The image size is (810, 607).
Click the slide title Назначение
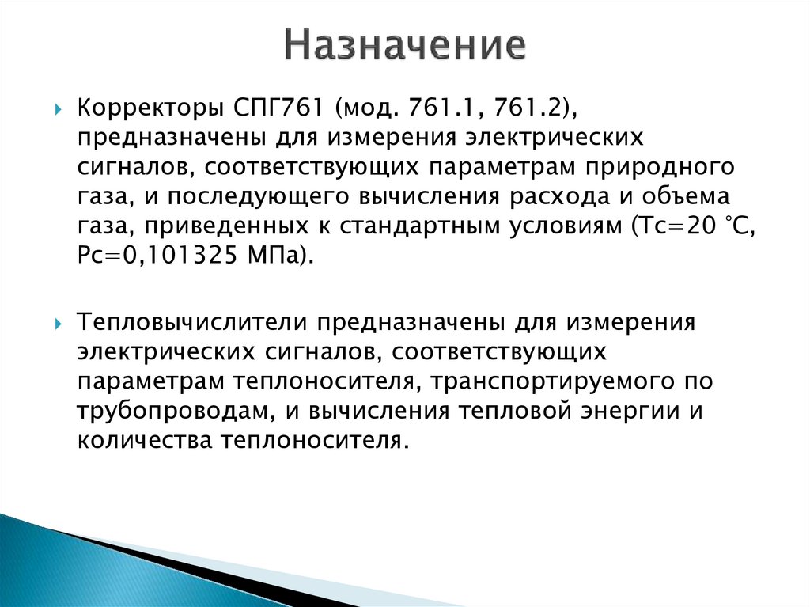coord(405,46)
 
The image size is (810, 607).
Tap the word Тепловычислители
coord(194,323)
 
